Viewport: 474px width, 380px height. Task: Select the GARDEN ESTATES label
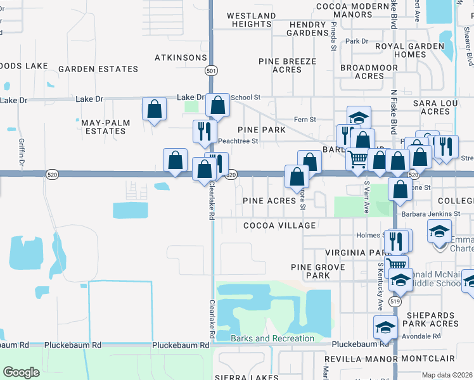(98, 69)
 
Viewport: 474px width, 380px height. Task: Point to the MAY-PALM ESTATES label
(104, 126)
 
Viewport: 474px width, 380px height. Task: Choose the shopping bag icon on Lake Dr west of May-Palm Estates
(155, 110)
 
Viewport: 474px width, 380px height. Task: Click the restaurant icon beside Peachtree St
(203, 131)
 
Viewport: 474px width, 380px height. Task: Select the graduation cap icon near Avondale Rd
(385, 327)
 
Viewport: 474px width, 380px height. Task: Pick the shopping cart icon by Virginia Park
(396, 265)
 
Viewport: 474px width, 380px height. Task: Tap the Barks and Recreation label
(272, 338)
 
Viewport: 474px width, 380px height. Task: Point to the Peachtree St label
(238, 141)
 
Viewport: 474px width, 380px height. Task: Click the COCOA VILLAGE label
(279, 225)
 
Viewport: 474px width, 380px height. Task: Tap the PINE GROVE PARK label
(310, 271)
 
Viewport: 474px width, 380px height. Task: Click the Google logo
(21, 372)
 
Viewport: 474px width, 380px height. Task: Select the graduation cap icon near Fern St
(358, 117)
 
